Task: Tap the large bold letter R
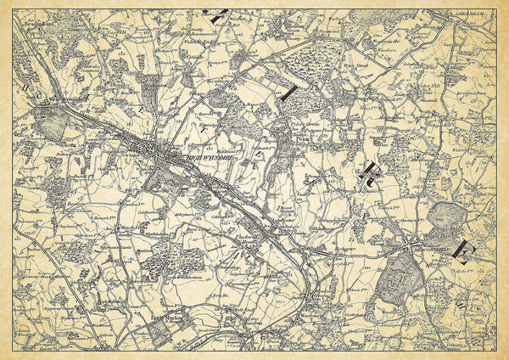tap(371, 173)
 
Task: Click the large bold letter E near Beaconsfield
tap(462, 249)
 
